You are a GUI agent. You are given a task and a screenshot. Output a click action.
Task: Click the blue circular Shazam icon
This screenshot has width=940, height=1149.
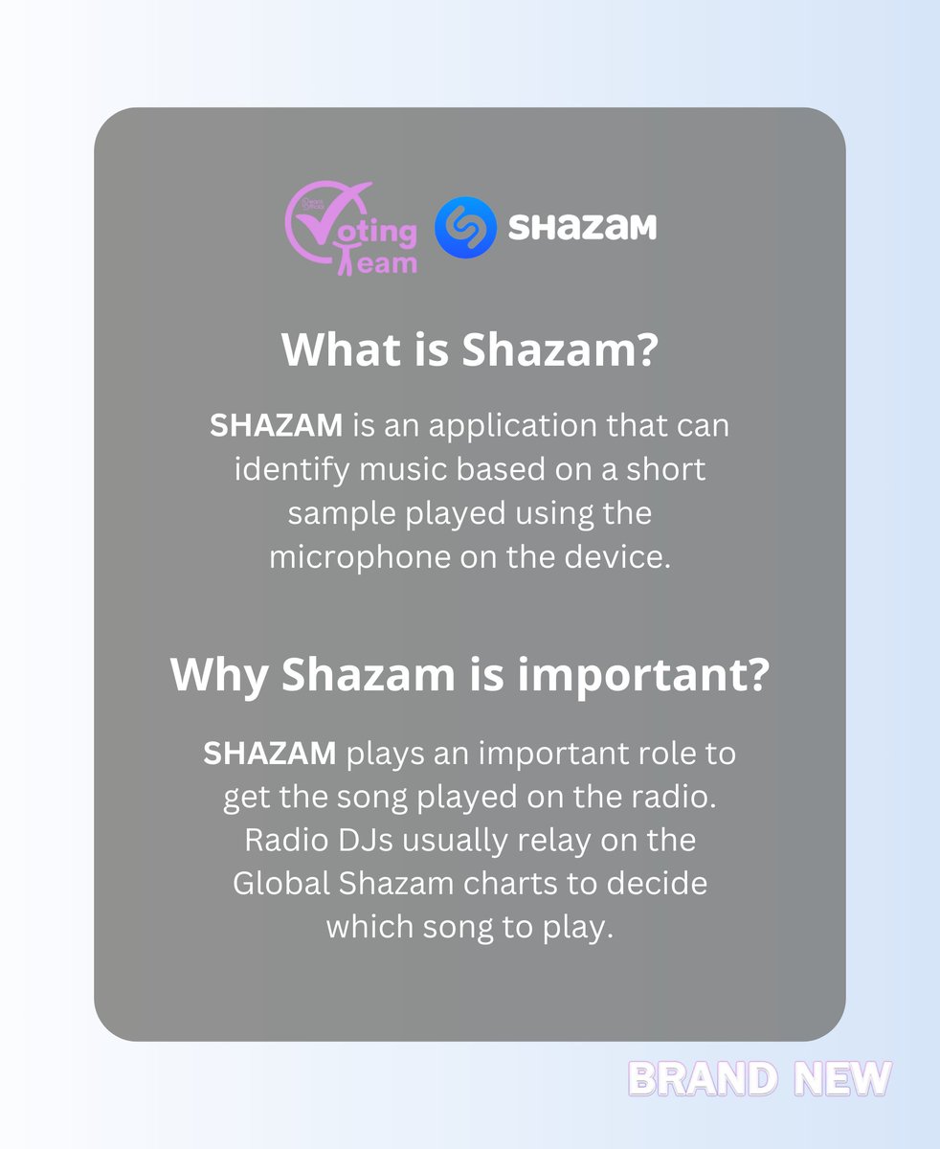tap(465, 228)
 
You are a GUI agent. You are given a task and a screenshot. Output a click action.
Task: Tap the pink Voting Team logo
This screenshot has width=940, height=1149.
tap(351, 230)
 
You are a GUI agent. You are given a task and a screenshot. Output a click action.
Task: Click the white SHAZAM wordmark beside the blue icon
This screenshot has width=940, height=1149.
tap(582, 228)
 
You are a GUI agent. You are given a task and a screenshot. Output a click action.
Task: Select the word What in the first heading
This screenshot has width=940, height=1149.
tap(330, 350)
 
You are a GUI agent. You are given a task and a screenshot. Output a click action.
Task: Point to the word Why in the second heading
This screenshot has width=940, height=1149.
tap(218, 675)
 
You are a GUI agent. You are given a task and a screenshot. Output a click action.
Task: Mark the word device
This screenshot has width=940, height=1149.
tap(620, 556)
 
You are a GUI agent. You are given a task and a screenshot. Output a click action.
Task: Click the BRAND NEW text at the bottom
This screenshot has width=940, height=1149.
tap(758, 1078)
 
